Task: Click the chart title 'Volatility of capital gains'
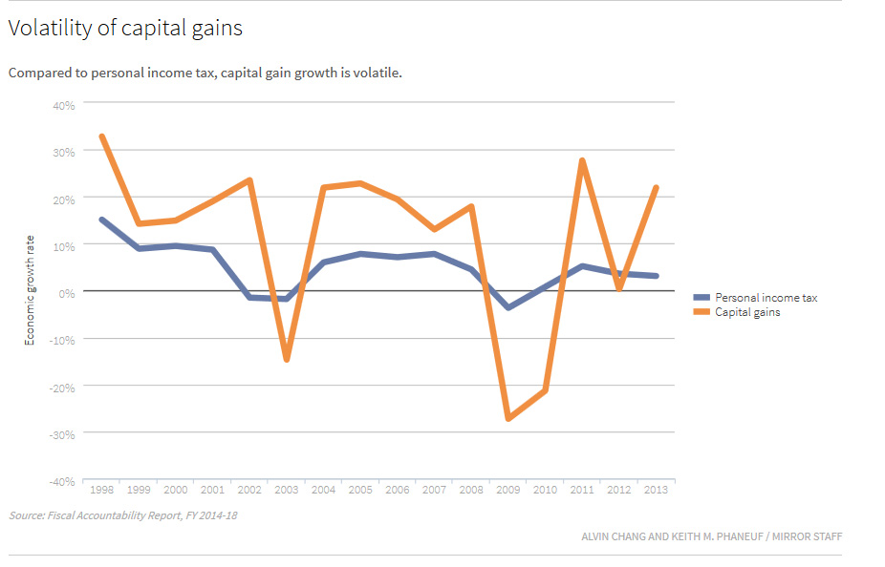[125, 29]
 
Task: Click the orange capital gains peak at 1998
[102, 136]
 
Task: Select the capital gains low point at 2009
[507, 418]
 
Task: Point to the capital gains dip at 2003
[286, 359]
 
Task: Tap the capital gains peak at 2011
[581, 160]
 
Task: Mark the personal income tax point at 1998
[102, 220]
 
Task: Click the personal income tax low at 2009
[507, 307]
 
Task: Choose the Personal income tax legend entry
[766, 298]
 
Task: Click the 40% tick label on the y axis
[63, 105]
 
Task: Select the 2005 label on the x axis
[360, 490]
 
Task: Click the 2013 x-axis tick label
[655, 490]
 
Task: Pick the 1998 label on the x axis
[102, 490]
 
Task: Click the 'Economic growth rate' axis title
[30, 291]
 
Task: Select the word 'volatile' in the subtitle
[376, 73]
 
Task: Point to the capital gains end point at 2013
[655, 188]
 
